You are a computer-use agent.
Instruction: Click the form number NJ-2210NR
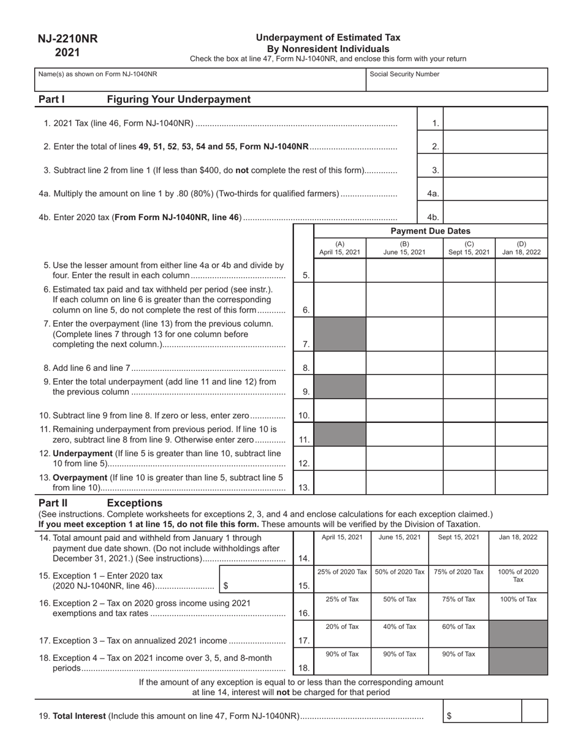[67, 39]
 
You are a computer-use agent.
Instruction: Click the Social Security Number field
[456, 80]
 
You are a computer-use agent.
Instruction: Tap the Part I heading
[51, 99]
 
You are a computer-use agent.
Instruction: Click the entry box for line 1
[495, 119]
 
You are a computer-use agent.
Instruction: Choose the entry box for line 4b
[495, 213]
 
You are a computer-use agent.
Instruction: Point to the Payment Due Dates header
[431, 231]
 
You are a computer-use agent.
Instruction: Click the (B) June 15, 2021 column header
[404, 248]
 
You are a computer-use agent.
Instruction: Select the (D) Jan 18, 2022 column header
[521, 248]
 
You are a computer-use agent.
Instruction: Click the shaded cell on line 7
[340, 335]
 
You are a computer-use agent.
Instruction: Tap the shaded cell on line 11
[340, 435]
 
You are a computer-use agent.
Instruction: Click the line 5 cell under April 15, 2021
[340, 270]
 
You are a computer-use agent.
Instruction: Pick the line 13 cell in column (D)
[521, 482]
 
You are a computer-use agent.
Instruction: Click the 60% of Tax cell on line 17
[458, 634]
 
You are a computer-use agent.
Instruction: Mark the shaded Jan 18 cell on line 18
[518, 661]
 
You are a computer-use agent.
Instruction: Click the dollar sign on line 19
[449, 716]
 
